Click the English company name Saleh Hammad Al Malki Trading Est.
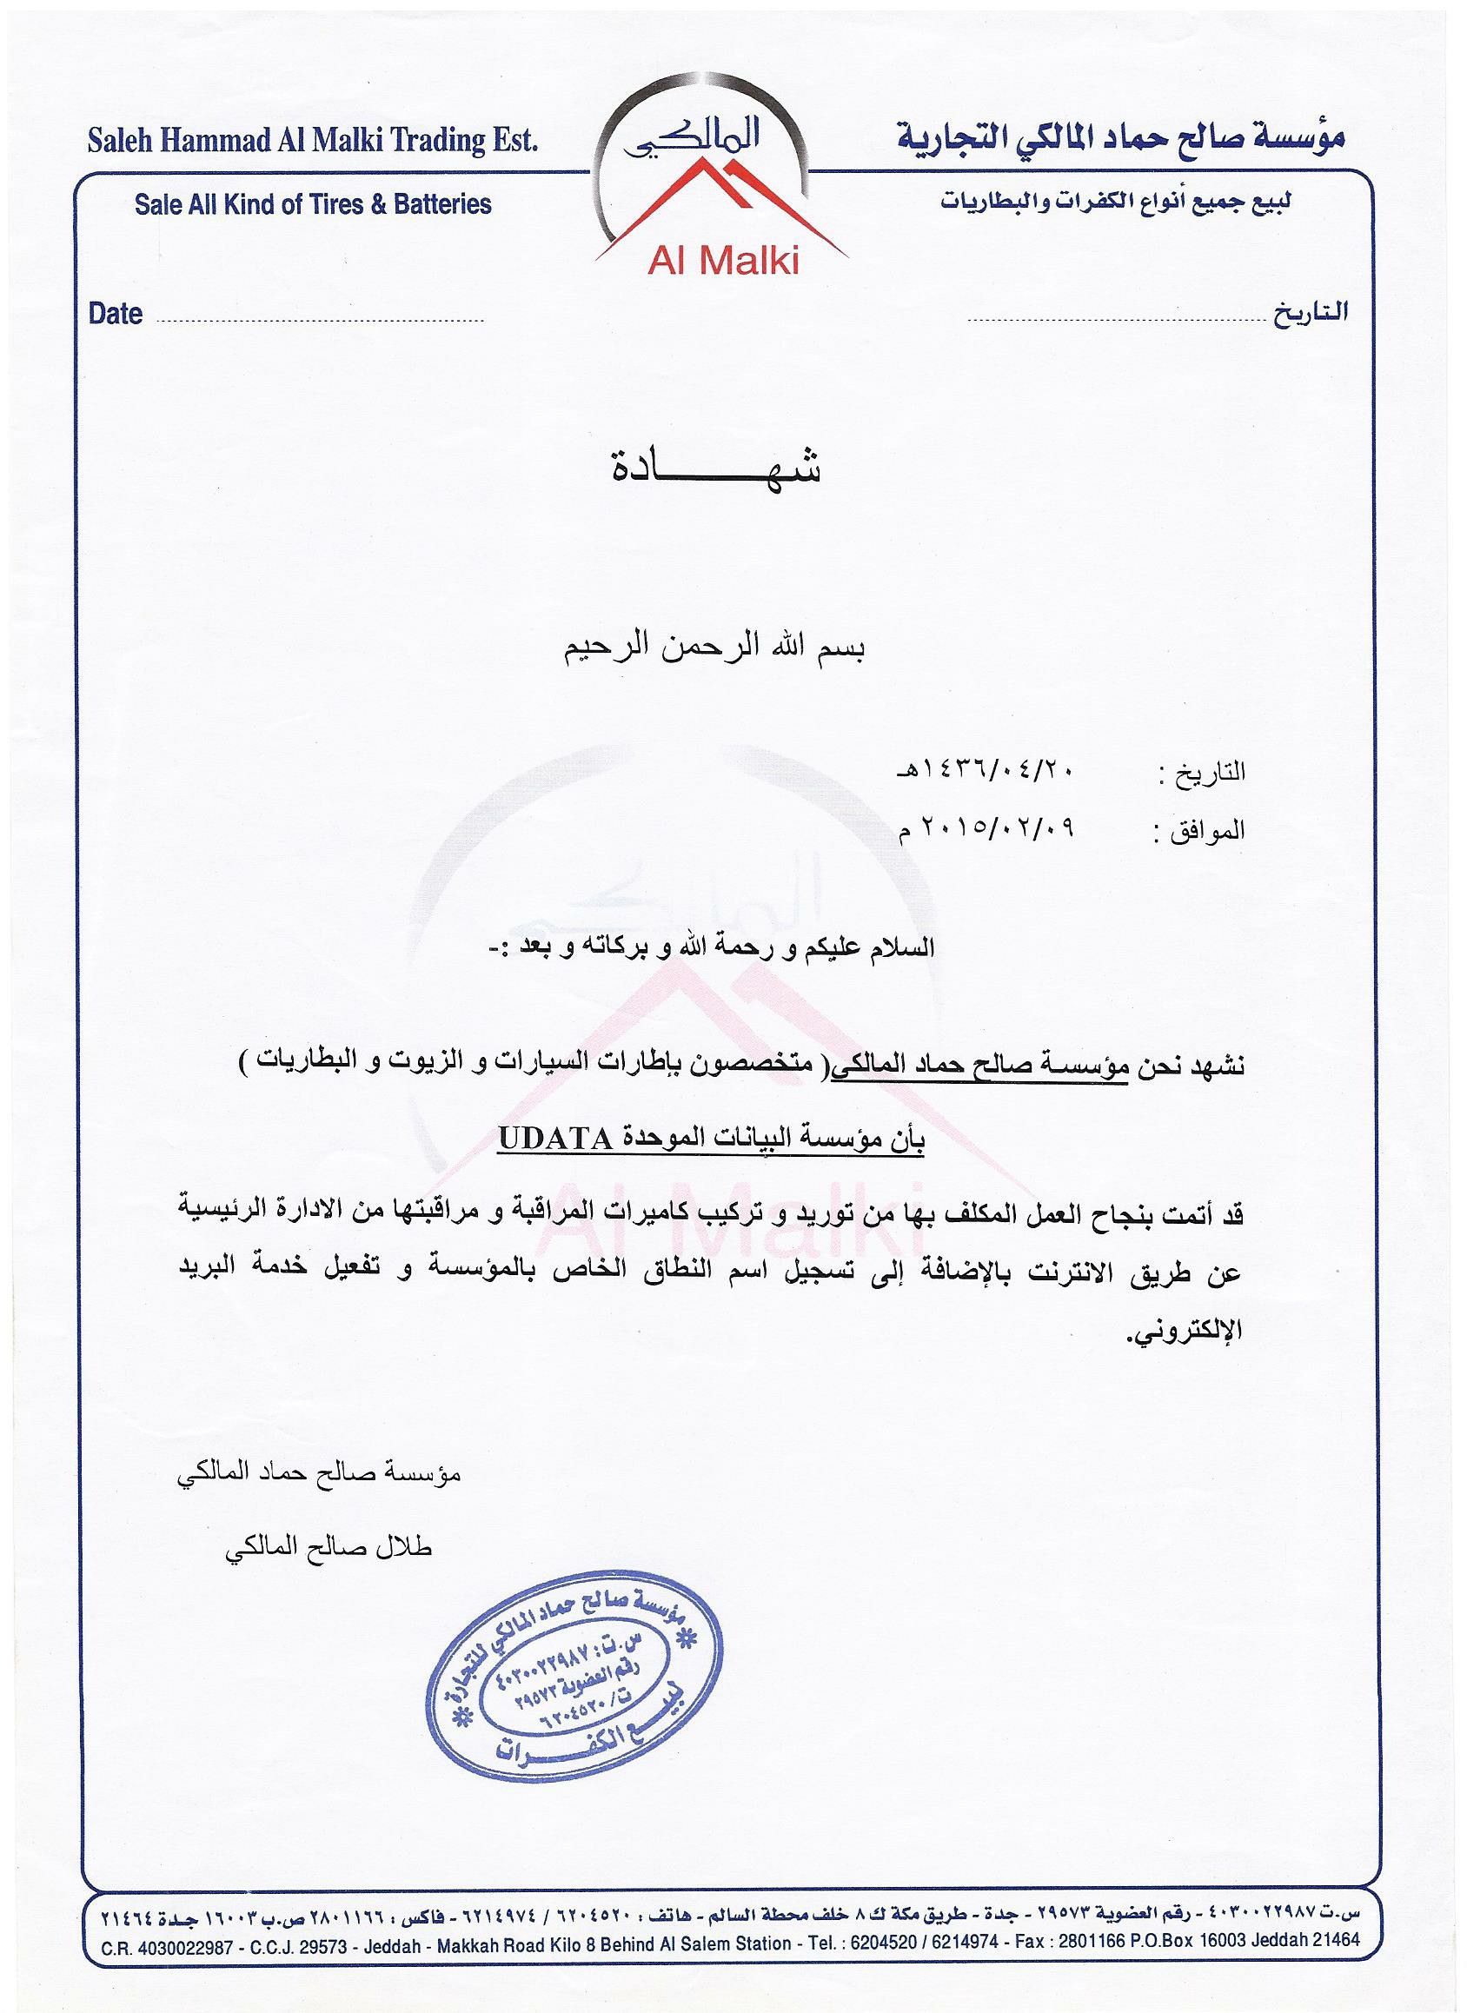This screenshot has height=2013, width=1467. click(x=313, y=141)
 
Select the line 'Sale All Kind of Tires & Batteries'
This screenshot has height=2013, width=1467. click(x=313, y=204)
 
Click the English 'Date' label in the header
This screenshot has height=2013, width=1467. click(x=116, y=315)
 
